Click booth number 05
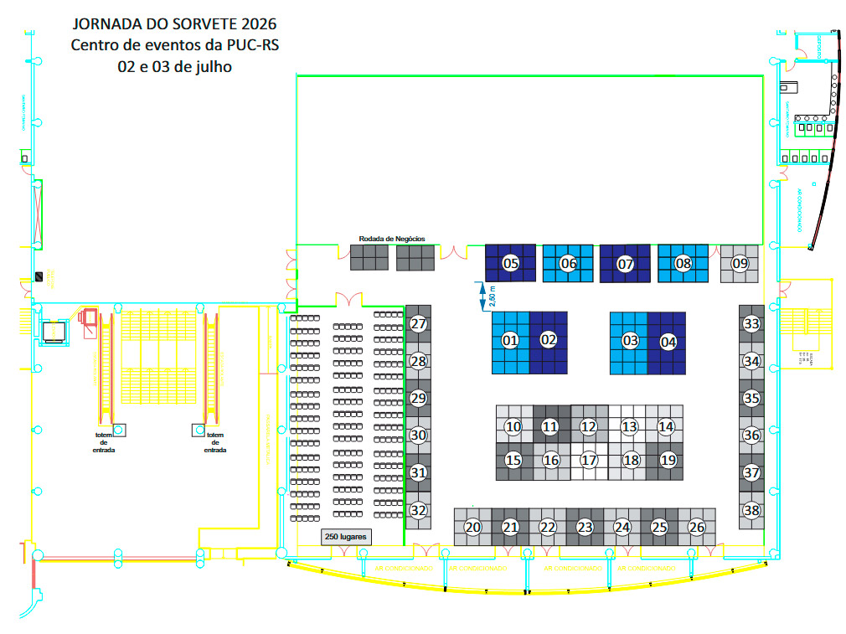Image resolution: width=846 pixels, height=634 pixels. coord(510,263)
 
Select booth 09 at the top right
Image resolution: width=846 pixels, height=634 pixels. coord(740,263)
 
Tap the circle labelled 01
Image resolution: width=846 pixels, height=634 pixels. coord(510,340)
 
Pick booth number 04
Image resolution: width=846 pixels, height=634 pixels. coord(668,342)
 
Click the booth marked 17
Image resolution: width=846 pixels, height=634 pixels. coord(589,460)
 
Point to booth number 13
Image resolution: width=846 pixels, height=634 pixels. coord(629,427)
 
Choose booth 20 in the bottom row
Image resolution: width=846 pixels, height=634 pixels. coord(473,527)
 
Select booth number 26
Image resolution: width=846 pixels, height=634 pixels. coord(696,527)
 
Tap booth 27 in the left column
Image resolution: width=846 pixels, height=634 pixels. coord(419,324)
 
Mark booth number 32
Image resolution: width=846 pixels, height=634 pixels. coord(419,509)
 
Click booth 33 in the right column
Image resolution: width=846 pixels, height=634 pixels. coord(751,324)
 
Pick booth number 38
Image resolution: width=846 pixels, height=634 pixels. coord(751,509)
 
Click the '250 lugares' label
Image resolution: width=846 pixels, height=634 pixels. coord(346,535)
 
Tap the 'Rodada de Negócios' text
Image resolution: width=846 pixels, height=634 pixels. coord(392,239)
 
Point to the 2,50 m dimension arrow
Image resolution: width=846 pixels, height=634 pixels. coord(483,296)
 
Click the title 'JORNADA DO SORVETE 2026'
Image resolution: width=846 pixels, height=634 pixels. coord(174,23)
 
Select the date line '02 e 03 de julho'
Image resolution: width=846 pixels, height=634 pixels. coord(174,66)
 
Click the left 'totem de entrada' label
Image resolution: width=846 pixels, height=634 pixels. coord(104,442)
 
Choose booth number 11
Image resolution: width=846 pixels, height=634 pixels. coord(549,427)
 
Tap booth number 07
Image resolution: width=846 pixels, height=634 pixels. coord(625,264)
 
